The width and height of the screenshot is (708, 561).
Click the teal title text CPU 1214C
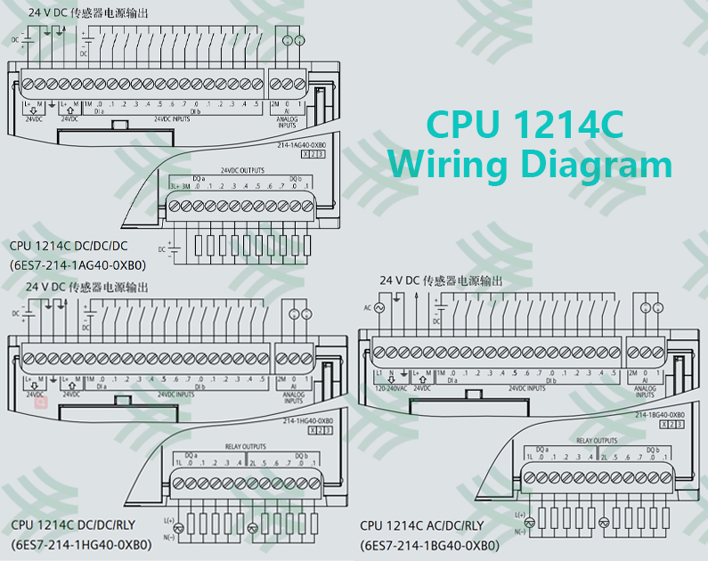524,125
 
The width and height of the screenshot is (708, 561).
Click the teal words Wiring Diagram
530,165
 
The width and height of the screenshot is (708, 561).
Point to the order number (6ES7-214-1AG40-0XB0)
77,264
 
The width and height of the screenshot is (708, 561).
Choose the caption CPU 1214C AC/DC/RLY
422,526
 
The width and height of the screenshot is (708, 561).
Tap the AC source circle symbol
379,307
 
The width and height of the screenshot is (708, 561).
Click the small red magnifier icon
40,402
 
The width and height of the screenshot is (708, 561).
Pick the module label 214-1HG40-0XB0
307,419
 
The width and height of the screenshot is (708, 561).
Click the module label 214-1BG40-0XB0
660,415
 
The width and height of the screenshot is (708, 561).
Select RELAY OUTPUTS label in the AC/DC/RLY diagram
596,441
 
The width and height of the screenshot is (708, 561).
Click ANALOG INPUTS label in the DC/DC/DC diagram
288,122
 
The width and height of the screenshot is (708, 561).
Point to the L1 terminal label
378,372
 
